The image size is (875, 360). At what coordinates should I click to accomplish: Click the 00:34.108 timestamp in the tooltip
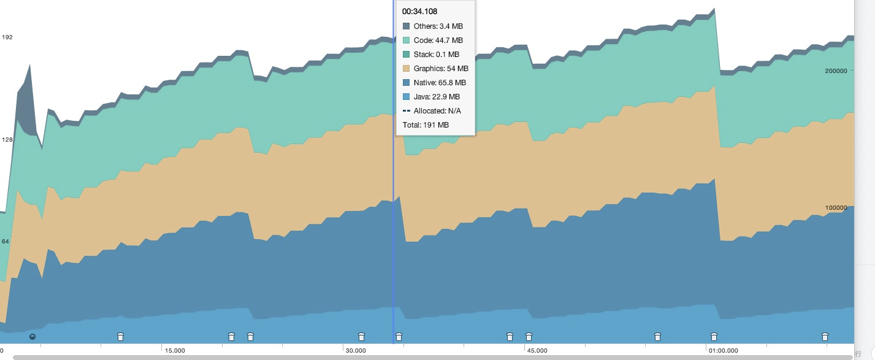click(x=419, y=12)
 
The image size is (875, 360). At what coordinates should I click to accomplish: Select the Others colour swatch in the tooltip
click(x=407, y=26)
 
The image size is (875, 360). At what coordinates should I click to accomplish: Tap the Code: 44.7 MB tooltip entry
click(x=438, y=40)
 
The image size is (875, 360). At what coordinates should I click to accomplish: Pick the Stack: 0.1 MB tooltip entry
click(x=436, y=55)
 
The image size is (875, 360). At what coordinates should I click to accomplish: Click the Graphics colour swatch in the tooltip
click(x=407, y=69)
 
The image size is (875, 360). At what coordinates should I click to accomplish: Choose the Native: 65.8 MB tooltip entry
click(x=440, y=83)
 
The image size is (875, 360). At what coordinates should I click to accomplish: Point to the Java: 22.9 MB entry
click(x=437, y=97)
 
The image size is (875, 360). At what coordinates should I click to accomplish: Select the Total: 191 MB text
click(x=426, y=125)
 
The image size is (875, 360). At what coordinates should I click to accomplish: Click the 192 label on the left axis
click(x=7, y=37)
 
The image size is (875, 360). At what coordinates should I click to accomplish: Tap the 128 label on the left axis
click(x=7, y=140)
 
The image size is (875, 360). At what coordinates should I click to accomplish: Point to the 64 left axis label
click(x=6, y=242)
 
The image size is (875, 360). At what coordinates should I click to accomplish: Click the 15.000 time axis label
click(x=175, y=351)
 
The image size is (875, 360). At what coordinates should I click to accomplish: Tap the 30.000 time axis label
click(x=356, y=351)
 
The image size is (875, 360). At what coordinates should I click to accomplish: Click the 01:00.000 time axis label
click(x=723, y=351)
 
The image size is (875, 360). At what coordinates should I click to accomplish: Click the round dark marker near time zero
click(x=32, y=336)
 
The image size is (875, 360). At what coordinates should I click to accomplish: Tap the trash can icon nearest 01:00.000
click(x=714, y=336)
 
